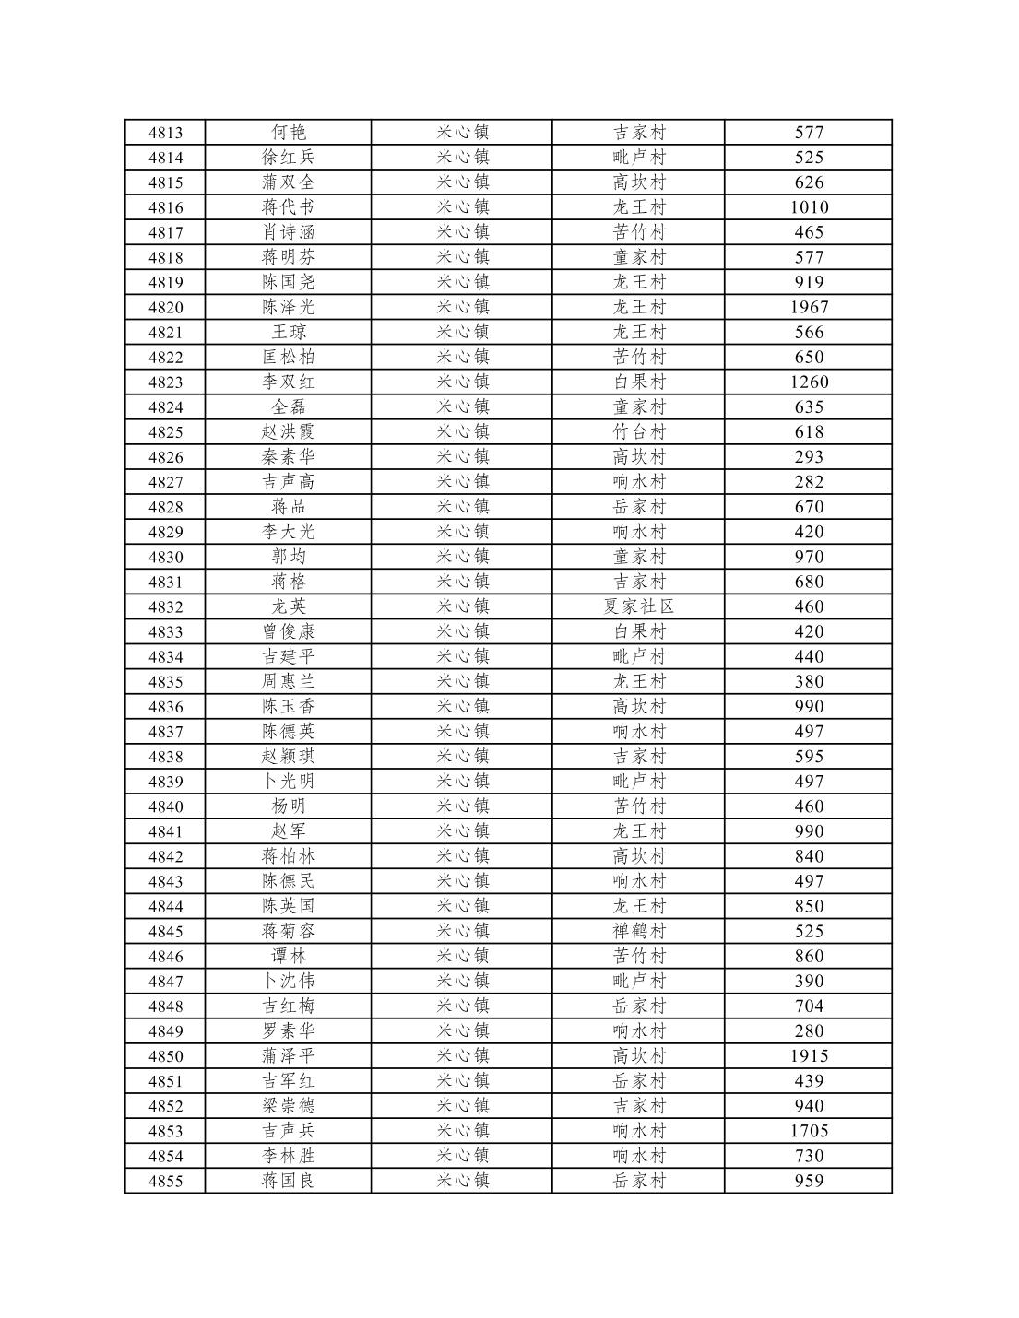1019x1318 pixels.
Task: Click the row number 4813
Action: tap(165, 133)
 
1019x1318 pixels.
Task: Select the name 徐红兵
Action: tap(288, 158)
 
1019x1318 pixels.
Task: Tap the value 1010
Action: tap(809, 207)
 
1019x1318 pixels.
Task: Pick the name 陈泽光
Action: tap(288, 307)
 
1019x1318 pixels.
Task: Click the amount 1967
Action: tap(809, 307)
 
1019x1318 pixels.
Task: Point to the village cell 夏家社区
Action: tap(638, 606)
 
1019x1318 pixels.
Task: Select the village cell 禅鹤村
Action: tap(638, 931)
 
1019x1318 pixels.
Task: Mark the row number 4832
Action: tap(165, 606)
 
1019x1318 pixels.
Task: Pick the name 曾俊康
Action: tap(288, 631)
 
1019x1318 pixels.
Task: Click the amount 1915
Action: tap(809, 1056)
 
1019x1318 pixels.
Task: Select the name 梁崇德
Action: tap(288, 1106)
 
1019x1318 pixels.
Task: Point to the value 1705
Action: tap(809, 1131)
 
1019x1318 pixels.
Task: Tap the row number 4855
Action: tap(165, 1181)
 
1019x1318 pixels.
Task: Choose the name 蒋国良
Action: tap(288, 1181)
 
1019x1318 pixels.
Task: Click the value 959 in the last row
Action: tap(809, 1181)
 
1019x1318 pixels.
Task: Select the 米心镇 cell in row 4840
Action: tap(462, 806)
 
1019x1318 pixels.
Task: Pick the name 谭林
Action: tap(288, 956)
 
